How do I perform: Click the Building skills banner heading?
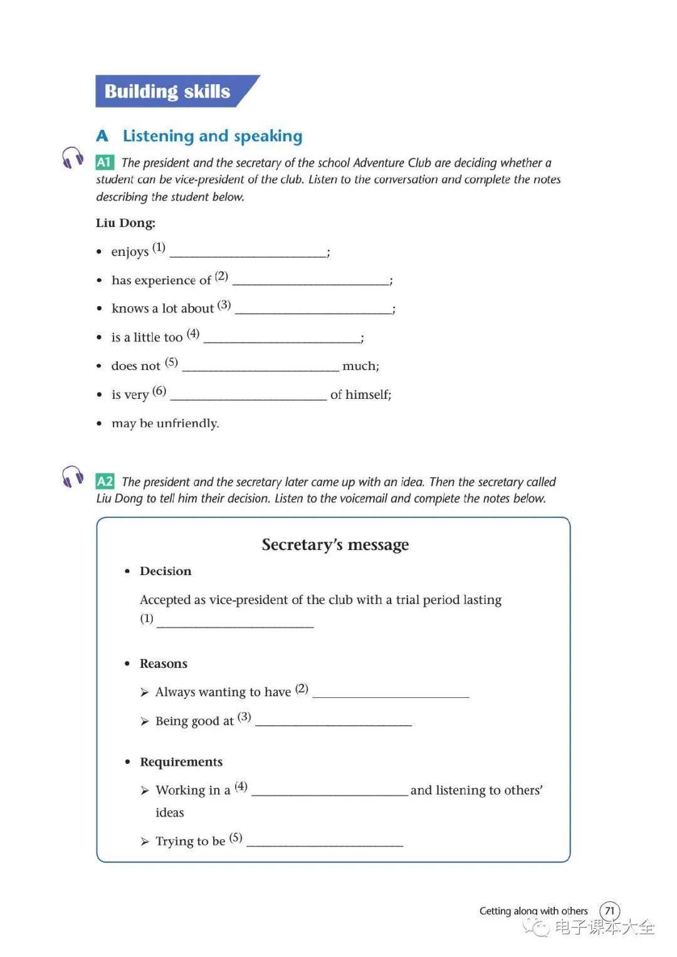pos(167,92)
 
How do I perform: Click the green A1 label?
pos(104,162)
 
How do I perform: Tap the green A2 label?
pos(105,482)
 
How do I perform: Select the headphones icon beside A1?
pos(73,158)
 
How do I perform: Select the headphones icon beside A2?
pos(73,477)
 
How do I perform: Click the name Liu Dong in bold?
pos(125,223)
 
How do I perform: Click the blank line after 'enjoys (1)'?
pos(248,253)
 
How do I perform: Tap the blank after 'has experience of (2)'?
pos(310,281)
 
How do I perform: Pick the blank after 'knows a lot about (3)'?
pos(313,310)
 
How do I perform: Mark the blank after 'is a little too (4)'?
pos(281,339)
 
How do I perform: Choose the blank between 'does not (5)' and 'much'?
pos(260,367)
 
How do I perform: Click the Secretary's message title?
pos(335,544)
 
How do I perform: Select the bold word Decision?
pos(165,571)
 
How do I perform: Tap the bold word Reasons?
pos(164,664)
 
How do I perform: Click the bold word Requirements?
pos(181,762)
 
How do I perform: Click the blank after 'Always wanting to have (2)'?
pos(391,694)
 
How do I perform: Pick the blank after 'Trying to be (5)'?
pos(325,843)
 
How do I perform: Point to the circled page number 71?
pos(609,911)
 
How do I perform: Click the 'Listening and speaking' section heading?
pos(213,136)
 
